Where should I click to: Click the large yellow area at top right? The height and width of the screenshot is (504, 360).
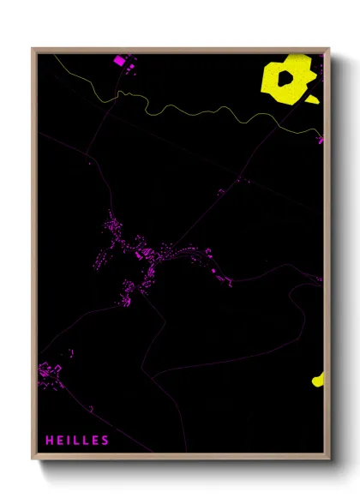pyautogui.click(x=285, y=81)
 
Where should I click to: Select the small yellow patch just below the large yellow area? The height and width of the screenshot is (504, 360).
pyautogui.click(x=312, y=99)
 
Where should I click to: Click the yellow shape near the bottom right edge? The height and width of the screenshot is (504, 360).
pyautogui.click(x=319, y=380)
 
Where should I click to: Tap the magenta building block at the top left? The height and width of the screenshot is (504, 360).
pyautogui.click(x=119, y=60)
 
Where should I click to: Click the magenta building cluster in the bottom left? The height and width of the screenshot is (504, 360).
pyautogui.click(x=50, y=374)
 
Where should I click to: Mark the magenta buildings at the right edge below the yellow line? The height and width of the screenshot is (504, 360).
pyautogui.click(x=321, y=139)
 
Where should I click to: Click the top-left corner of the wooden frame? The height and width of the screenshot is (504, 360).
pyautogui.click(x=33, y=49)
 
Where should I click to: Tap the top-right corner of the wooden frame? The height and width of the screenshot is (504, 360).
pyautogui.click(x=328, y=49)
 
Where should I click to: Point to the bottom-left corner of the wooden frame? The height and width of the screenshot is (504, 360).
pyautogui.click(x=33, y=460)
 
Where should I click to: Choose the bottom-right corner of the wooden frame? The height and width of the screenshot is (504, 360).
pyautogui.click(x=328, y=460)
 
